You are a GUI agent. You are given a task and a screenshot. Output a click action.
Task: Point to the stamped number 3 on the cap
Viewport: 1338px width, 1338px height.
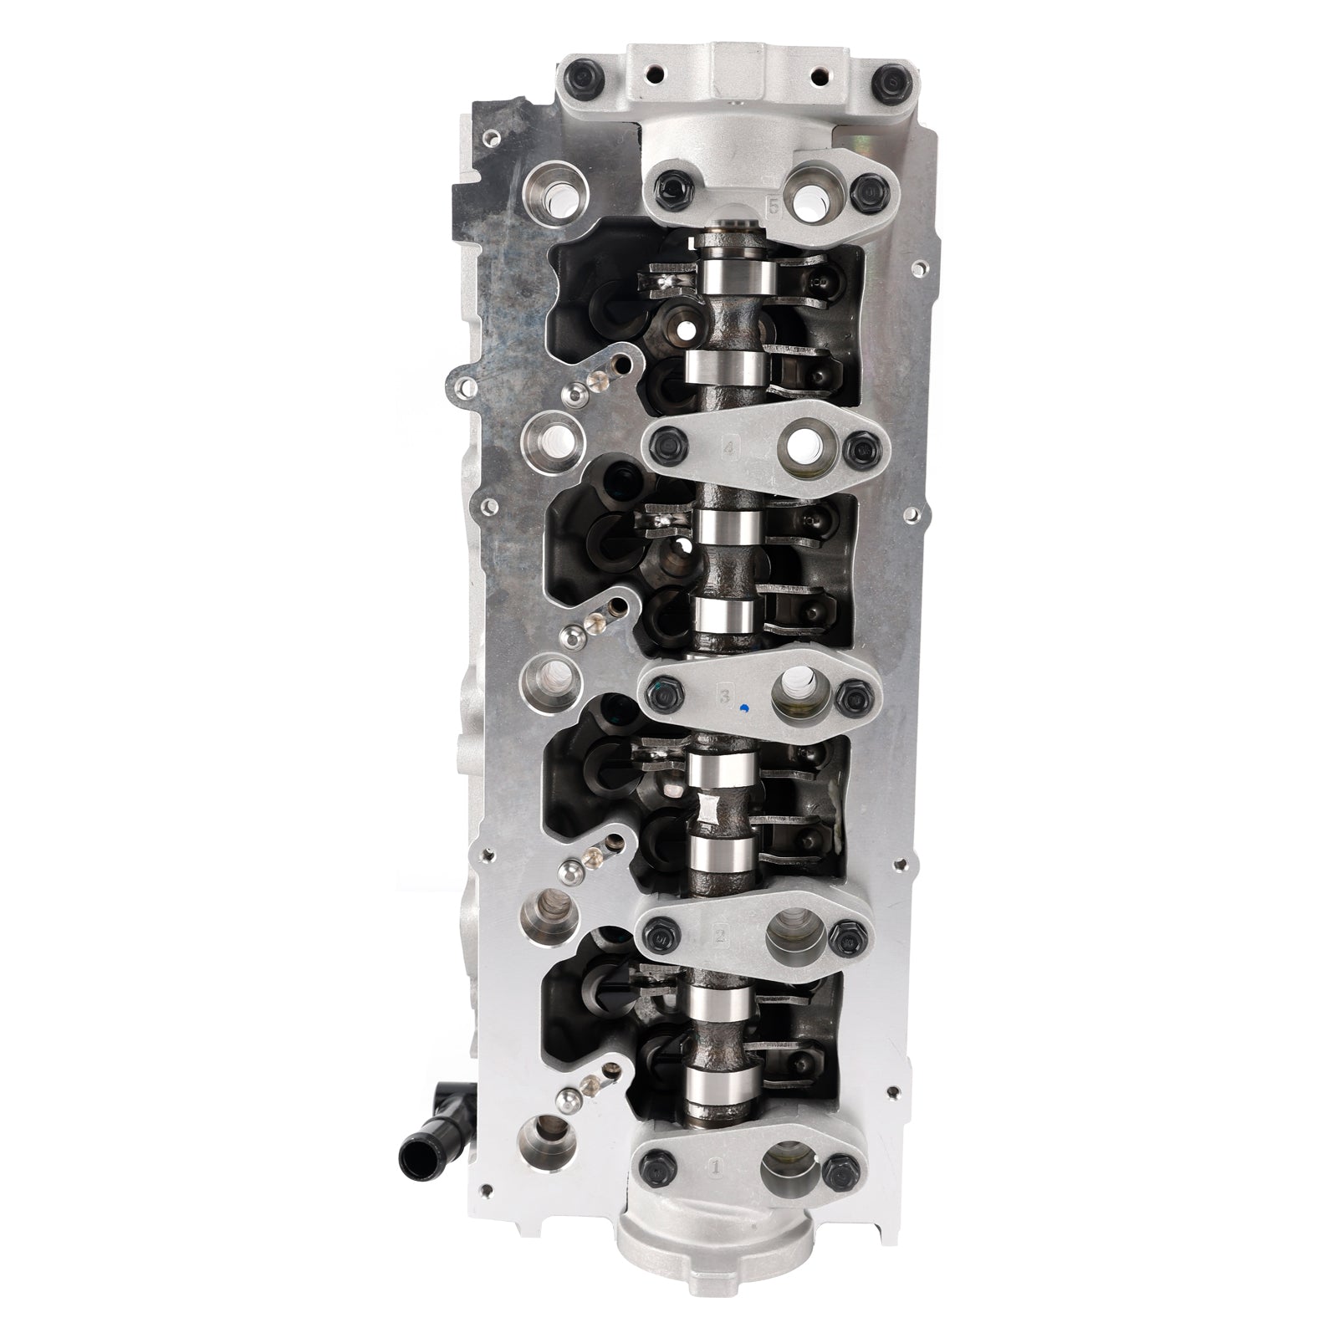pos(725,695)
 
